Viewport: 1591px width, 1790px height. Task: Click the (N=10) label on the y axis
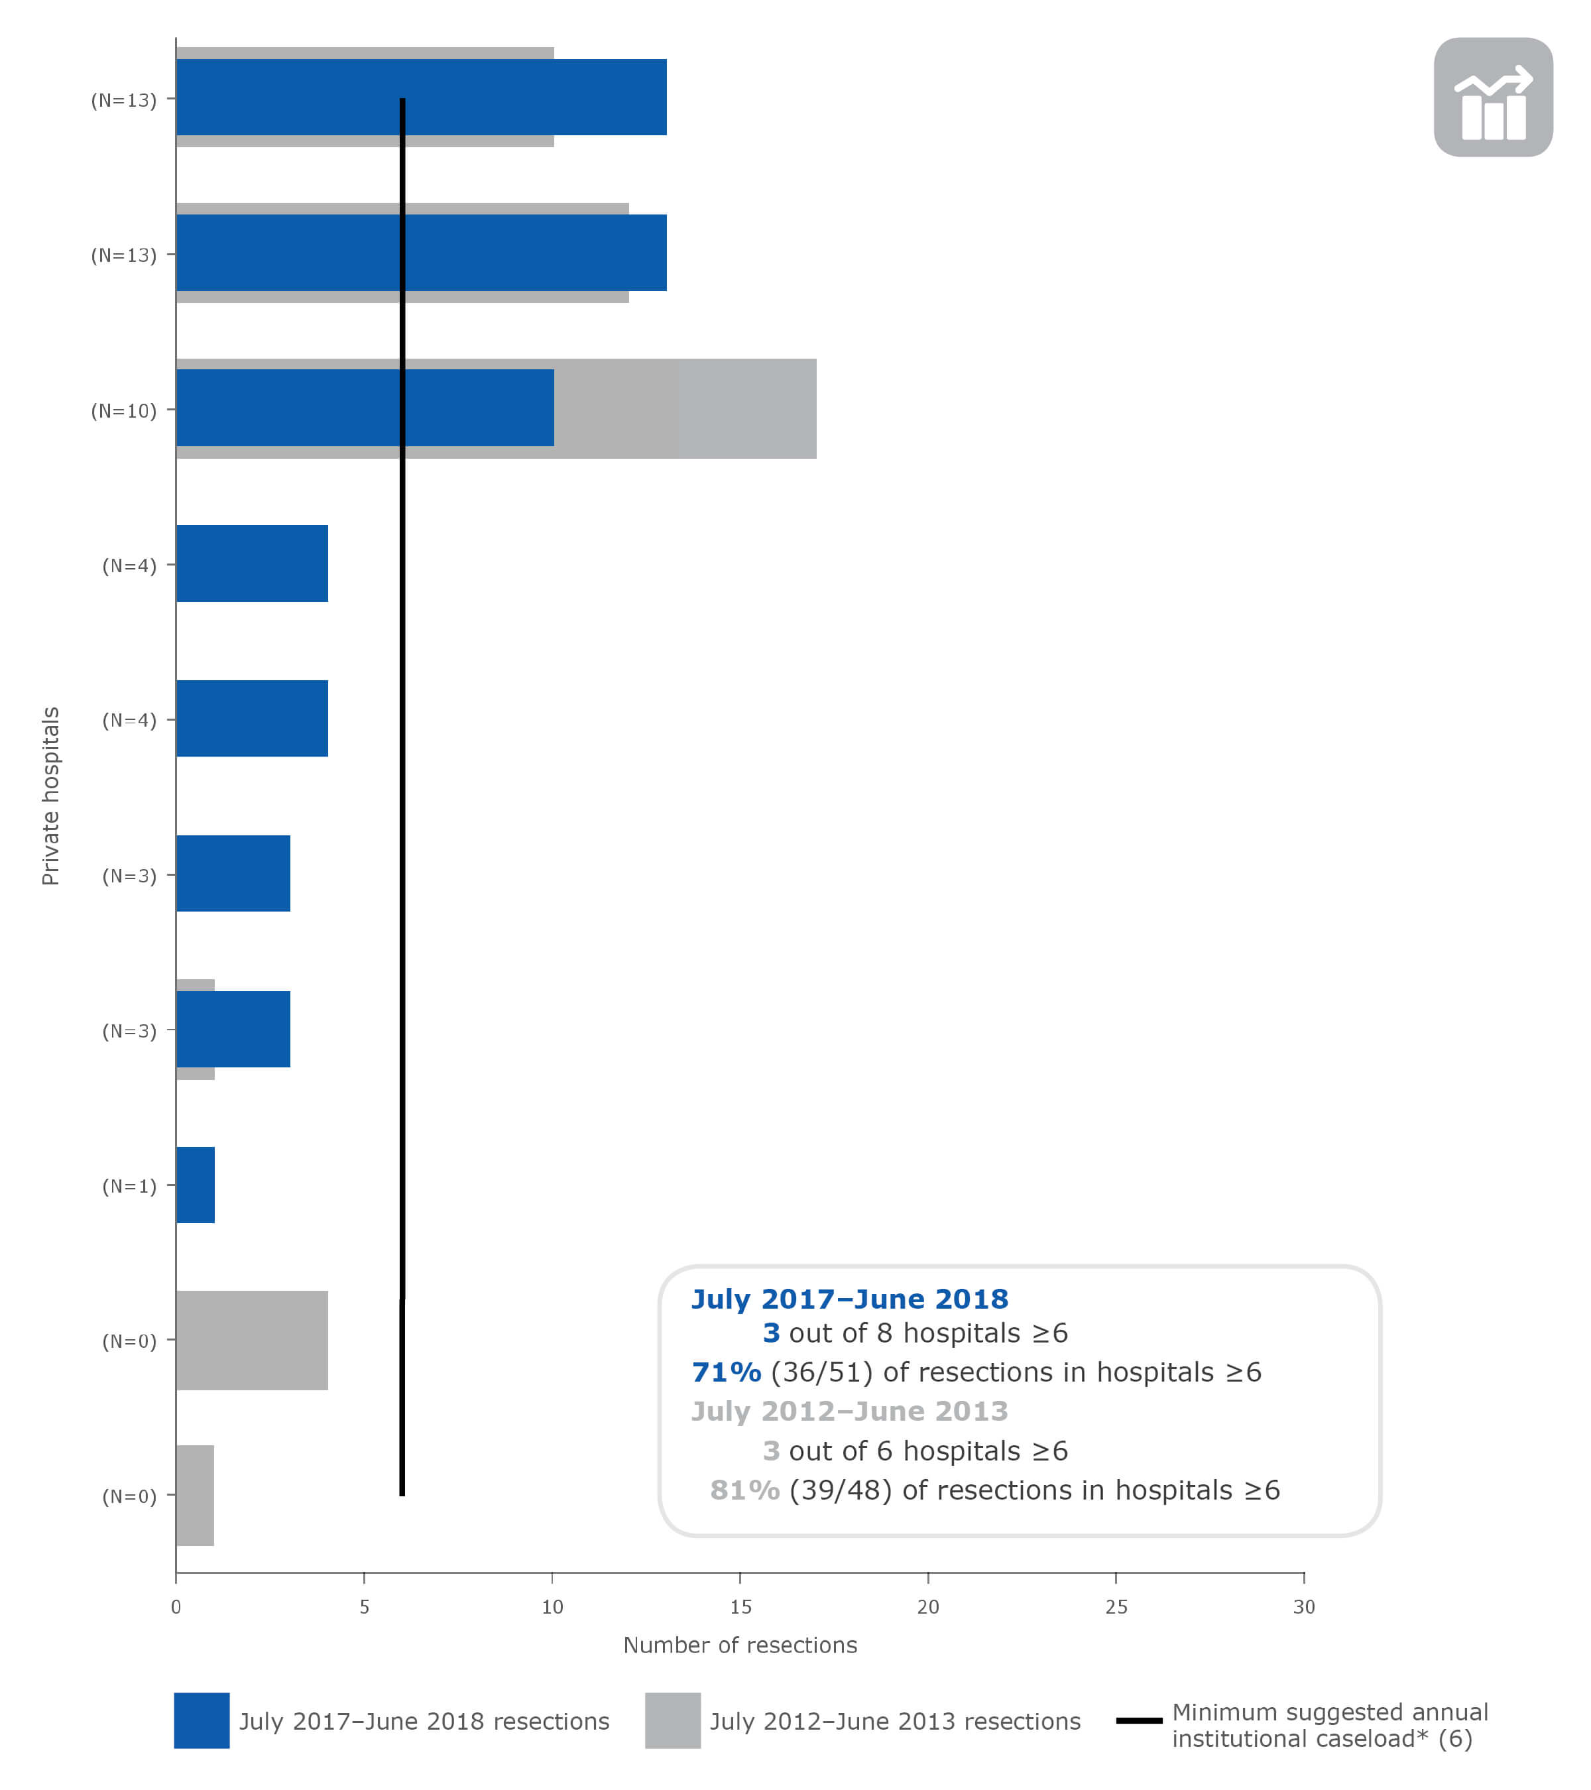pyautogui.click(x=123, y=411)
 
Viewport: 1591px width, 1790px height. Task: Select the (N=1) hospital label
pyautogui.click(x=129, y=1186)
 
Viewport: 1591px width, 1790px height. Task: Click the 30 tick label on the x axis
pyautogui.click(x=1304, y=1607)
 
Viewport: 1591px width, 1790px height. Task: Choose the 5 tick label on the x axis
pyautogui.click(x=364, y=1607)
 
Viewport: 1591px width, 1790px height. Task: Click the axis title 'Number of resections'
pyautogui.click(x=740, y=1645)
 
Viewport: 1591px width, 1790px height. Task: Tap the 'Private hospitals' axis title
pyautogui.click(x=51, y=796)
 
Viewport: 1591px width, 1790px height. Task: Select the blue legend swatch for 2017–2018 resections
pyautogui.click(x=202, y=1721)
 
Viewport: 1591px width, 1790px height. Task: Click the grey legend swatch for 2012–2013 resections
pyautogui.click(x=672, y=1721)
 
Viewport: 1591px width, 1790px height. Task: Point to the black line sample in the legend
pyautogui.click(x=1138, y=1721)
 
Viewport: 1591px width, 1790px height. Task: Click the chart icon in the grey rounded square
pyautogui.click(x=1493, y=97)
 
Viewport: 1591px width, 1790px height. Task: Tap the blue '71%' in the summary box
pyautogui.click(x=726, y=1372)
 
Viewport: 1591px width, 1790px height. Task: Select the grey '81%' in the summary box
pyautogui.click(x=744, y=1490)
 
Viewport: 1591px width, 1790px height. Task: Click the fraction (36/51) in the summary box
pyautogui.click(x=821, y=1372)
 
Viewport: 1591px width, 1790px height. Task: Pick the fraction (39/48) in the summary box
pyautogui.click(x=840, y=1490)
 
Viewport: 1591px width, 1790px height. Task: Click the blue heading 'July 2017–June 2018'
pyautogui.click(x=849, y=1299)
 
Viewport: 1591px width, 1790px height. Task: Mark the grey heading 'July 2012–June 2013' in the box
pyautogui.click(x=849, y=1411)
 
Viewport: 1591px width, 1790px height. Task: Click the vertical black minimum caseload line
pyautogui.click(x=402, y=788)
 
